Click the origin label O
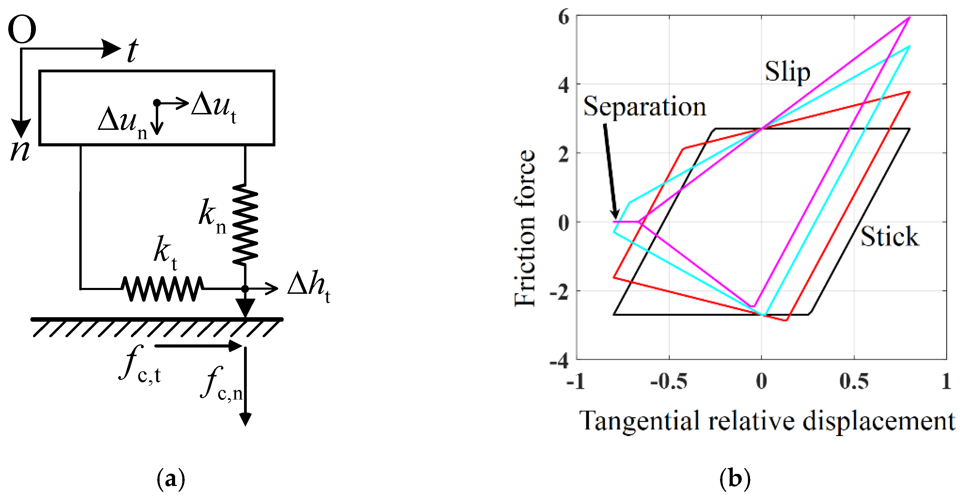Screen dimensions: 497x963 [22, 30]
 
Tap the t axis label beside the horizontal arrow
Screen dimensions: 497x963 [132, 51]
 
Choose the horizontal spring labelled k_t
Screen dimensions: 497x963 [162, 289]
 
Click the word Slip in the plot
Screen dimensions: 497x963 [787, 72]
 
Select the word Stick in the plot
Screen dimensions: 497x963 [889, 237]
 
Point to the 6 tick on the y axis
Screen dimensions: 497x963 [564, 18]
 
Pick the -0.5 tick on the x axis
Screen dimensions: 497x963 [669, 382]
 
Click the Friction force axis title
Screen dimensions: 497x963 [525, 228]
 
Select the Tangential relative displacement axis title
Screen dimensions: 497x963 [766, 422]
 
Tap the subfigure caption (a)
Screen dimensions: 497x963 [171, 479]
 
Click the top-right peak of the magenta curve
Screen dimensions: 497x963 [909, 17]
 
